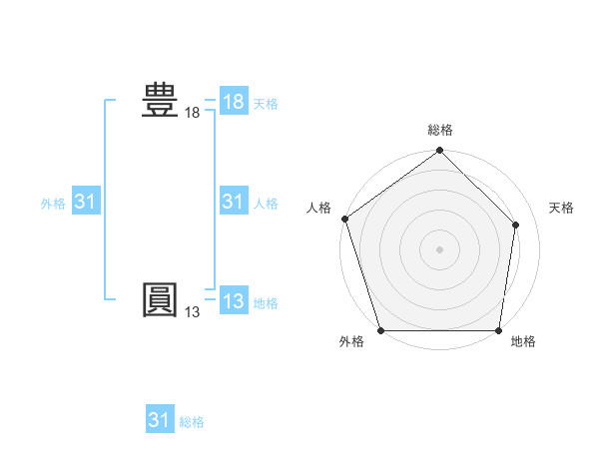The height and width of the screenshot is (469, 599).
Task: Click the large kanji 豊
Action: pyautogui.click(x=160, y=102)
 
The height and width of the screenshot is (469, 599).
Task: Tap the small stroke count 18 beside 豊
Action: pyautogui.click(x=192, y=114)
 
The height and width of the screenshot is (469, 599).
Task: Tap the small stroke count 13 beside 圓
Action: pyautogui.click(x=192, y=312)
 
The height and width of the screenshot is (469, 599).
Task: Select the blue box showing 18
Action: pyautogui.click(x=233, y=102)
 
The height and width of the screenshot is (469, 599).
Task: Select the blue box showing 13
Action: pyautogui.click(x=233, y=300)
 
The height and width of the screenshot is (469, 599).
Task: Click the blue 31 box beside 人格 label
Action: pyautogui.click(x=233, y=202)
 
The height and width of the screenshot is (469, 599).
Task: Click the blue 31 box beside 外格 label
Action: pyautogui.click(x=85, y=202)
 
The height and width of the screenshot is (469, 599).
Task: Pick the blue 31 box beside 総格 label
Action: pyautogui.click(x=160, y=420)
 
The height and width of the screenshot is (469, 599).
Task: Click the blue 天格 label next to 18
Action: pyautogui.click(x=266, y=104)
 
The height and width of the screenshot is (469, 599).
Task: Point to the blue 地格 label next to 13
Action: pyautogui.click(x=266, y=303)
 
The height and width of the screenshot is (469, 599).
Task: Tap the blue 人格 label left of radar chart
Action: pyautogui.click(x=266, y=204)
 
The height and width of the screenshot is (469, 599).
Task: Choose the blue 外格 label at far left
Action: pyautogui.click(x=53, y=204)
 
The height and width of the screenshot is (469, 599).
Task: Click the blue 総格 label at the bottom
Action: pyautogui.click(x=192, y=422)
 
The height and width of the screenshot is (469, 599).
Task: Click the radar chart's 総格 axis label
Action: pyautogui.click(x=439, y=130)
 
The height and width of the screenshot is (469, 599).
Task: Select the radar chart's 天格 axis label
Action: pyautogui.click(x=561, y=208)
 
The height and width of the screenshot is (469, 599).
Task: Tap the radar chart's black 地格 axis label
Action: pyautogui.click(x=523, y=342)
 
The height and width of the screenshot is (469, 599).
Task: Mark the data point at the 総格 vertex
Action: pyautogui.click(x=439, y=152)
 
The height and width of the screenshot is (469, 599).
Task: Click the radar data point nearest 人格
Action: pyautogui.click(x=345, y=219)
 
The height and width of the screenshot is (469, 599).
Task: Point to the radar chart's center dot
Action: pyautogui.click(x=439, y=248)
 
